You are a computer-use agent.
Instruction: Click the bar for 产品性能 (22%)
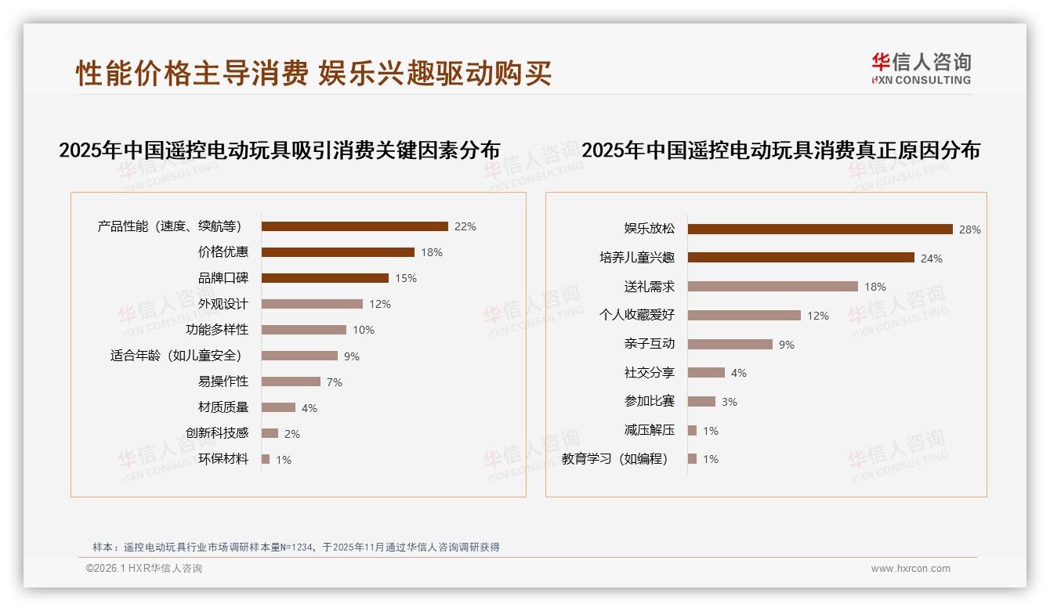(x=354, y=226)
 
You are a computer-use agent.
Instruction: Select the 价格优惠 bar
(x=338, y=252)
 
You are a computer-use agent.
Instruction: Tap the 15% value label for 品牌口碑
(x=406, y=278)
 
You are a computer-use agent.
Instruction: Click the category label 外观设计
(x=223, y=304)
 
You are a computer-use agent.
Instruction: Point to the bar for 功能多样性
(x=303, y=330)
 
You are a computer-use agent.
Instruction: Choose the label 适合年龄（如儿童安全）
(x=179, y=356)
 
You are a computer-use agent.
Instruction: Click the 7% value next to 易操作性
(x=335, y=382)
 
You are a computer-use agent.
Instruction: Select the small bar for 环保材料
(x=266, y=459)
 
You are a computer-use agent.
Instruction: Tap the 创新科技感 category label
(x=217, y=433)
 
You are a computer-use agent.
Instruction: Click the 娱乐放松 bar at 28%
(x=820, y=229)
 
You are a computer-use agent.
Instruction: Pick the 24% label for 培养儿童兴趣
(x=932, y=258)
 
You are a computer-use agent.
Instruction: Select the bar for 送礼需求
(x=773, y=287)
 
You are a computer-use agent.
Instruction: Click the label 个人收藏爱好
(x=636, y=315)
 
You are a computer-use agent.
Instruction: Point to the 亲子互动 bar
(x=730, y=344)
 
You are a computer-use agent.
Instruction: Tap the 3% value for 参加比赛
(x=729, y=402)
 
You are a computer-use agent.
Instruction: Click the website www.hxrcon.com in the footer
(x=911, y=569)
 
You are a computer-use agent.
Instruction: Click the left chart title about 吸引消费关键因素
(x=279, y=150)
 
